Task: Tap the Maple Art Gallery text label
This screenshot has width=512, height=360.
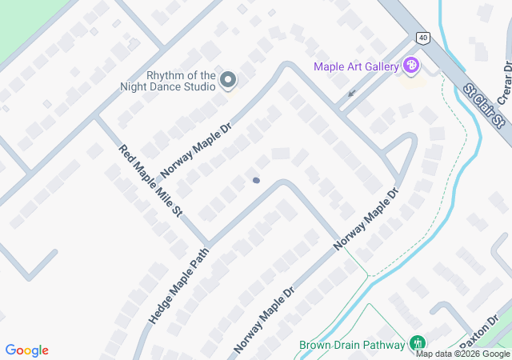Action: [356, 66]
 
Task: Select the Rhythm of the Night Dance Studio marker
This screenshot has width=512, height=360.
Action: [228, 79]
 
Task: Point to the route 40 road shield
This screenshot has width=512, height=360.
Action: [422, 38]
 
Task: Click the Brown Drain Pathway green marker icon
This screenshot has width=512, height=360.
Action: [417, 344]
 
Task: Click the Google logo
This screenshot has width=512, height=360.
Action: [27, 350]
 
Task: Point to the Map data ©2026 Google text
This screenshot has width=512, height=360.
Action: [462, 354]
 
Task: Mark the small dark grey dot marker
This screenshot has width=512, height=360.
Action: [256, 180]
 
